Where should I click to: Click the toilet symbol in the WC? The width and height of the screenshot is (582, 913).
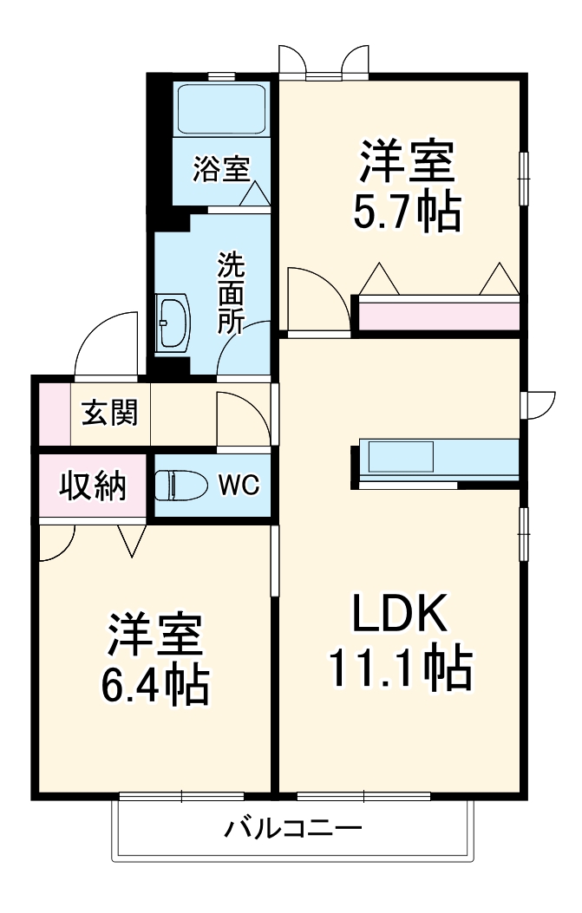tap(180, 486)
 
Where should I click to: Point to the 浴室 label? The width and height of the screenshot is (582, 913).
tap(222, 169)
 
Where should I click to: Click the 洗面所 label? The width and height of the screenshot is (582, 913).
tap(231, 293)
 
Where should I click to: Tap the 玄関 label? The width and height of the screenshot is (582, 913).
tap(108, 414)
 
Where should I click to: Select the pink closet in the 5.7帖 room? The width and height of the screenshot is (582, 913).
tap(438, 315)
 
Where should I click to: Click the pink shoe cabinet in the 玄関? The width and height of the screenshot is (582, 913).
tap(50, 414)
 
